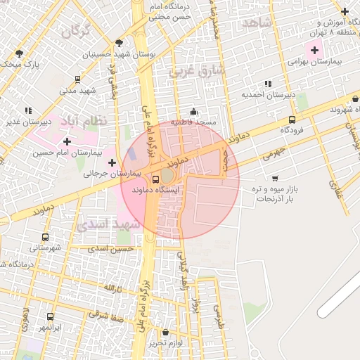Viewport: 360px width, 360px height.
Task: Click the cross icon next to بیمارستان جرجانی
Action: click(x=112, y=162)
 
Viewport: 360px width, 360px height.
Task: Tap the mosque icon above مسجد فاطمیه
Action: click(x=194, y=112)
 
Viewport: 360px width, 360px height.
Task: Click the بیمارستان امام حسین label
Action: click(x=67, y=152)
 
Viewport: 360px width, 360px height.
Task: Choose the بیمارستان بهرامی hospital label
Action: click(x=314, y=61)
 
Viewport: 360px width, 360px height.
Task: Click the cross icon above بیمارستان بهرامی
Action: click(x=314, y=50)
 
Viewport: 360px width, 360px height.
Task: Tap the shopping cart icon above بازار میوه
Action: click(x=274, y=178)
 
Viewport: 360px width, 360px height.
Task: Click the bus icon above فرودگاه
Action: click(x=292, y=120)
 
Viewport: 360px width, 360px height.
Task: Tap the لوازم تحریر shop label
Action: click(x=166, y=343)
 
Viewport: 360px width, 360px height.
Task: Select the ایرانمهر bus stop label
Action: click(x=50, y=328)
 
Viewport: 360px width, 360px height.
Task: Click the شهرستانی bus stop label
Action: click(x=45, y=247)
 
